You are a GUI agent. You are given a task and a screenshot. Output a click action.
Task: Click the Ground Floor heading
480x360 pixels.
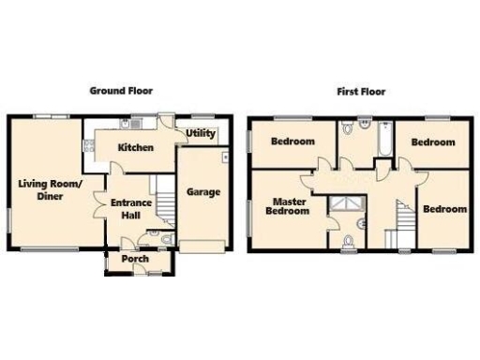click(x=121, y=91)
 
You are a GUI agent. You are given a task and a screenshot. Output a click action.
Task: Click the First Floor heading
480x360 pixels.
click(x=360, y=92)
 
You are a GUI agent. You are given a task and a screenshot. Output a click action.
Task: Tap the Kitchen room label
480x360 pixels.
click(x=136, y=148)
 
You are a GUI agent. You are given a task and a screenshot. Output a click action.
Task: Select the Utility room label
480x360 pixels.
click(x=201, y=133)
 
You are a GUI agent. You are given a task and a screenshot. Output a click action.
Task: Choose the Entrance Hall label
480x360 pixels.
click(x=131, y=208)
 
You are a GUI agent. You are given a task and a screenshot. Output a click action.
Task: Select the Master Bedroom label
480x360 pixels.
click(x=291, y=206)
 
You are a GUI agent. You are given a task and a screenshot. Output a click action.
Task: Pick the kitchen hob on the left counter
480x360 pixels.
click(x=90, y=144)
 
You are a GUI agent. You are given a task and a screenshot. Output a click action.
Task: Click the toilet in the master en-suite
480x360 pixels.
click(x=349, y=242)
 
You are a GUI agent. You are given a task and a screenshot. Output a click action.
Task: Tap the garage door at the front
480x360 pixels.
click(x=202, y=246)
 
